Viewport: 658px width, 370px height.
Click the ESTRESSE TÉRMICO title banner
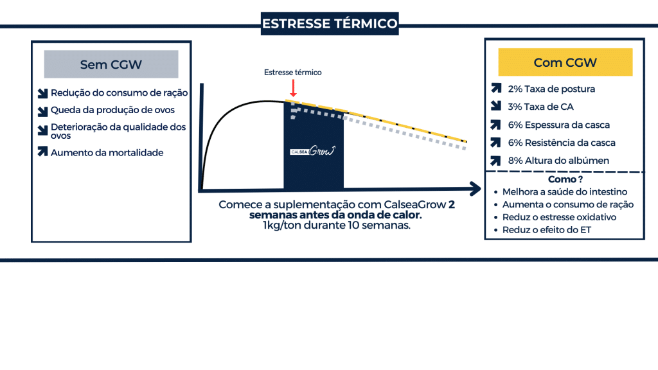[330, 24]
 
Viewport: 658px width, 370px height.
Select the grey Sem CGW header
[111, 64]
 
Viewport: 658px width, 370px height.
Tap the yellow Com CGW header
[565, 62]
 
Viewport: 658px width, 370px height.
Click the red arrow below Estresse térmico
[293, 88]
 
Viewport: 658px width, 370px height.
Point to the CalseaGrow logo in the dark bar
[313, 150]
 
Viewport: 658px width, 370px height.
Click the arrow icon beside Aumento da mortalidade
[43, 152]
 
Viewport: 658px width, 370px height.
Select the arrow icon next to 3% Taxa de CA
[496, 106]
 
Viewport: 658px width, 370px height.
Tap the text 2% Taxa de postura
[551, 89]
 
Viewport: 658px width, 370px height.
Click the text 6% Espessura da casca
[558, 125]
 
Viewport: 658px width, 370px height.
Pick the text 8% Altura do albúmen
[558, 161]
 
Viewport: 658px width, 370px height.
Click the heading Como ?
[565, 179]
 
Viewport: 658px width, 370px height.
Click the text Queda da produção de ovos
[112, 110]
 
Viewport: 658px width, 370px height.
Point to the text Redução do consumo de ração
[119, 92]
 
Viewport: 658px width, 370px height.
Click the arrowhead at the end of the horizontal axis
[476, 189]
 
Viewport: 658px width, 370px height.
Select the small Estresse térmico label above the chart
[293, 73]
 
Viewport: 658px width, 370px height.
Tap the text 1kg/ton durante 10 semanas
[337, 225]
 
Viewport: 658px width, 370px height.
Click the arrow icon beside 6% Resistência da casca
[496, 143]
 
